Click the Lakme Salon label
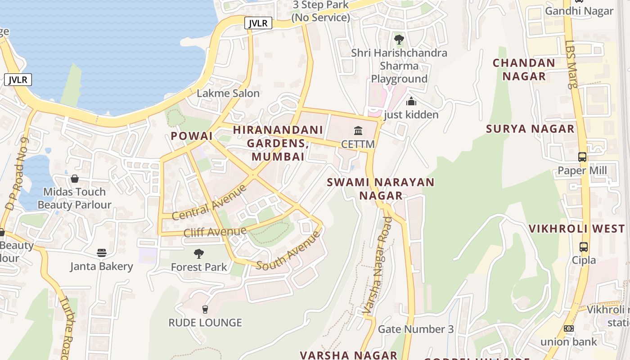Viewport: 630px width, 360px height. [x=228, y=94]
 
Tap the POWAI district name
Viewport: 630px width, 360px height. [x=191, y=136]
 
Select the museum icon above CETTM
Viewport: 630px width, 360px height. [x=358, y=131]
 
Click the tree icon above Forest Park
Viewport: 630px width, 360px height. [x=198, y=254]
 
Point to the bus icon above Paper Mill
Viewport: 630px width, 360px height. [x=582, y=157]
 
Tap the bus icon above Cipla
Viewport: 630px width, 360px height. [x=584, y=247]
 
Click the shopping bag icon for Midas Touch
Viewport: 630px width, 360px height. [x=75, y=179]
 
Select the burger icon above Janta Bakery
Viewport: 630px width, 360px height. [x=102, y=253]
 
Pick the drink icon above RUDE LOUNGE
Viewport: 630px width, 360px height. [x=205, y=309]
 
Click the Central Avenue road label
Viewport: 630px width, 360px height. [x=209, y=202]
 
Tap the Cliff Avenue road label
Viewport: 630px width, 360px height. [x=215, y=232]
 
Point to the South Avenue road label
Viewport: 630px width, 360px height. [x=288, y=252]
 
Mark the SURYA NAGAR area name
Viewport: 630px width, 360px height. [x=530, y=129]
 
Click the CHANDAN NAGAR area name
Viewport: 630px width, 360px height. [x=524, y=70]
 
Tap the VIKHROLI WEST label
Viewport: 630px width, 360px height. [x=576, y=229]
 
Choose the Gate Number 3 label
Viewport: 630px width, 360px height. [x=415, y=329]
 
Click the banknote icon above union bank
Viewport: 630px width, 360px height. [x=569, y=328]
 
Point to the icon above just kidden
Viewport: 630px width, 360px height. [x=411, y=102]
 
